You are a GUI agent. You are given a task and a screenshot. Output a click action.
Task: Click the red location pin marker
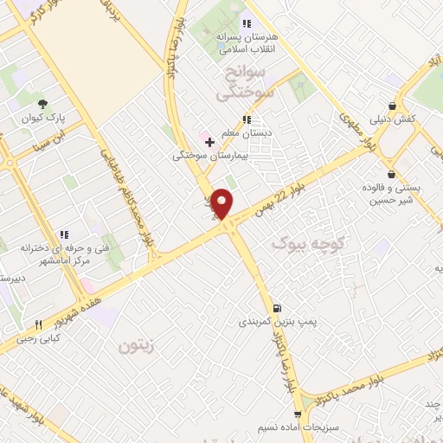coord(222,203)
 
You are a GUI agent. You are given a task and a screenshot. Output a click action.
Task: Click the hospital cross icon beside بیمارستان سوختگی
coord(209,141)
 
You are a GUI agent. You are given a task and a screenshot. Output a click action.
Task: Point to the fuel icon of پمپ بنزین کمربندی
coord(276,308)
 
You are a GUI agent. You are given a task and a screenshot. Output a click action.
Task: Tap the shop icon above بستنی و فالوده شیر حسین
coord(392,173)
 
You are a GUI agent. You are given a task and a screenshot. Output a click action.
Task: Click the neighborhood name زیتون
coord(136,346)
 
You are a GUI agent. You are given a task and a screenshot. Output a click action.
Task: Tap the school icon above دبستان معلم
coord(246,119)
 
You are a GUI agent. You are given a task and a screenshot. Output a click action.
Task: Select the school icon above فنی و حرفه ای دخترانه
coord(64,234)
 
